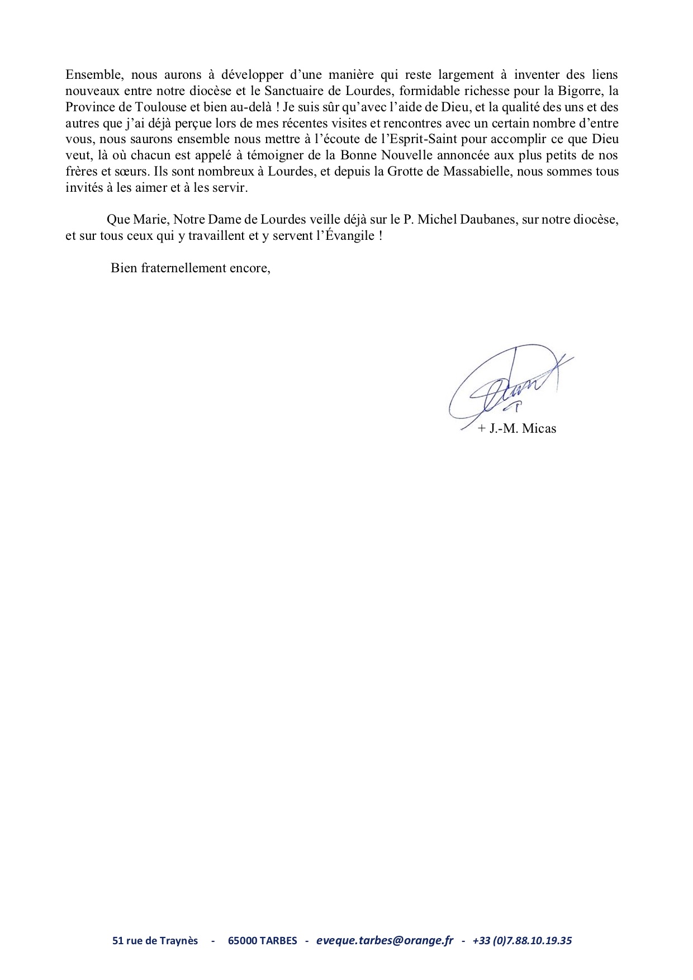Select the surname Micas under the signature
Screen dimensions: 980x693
(x=538, y=429)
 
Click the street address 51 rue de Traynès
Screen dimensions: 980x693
(x=155, y=940)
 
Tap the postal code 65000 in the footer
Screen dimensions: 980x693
(x=242, y=940)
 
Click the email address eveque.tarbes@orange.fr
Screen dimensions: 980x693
(x=385, y=940)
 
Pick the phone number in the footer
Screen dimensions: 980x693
(x=522, y=940)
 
